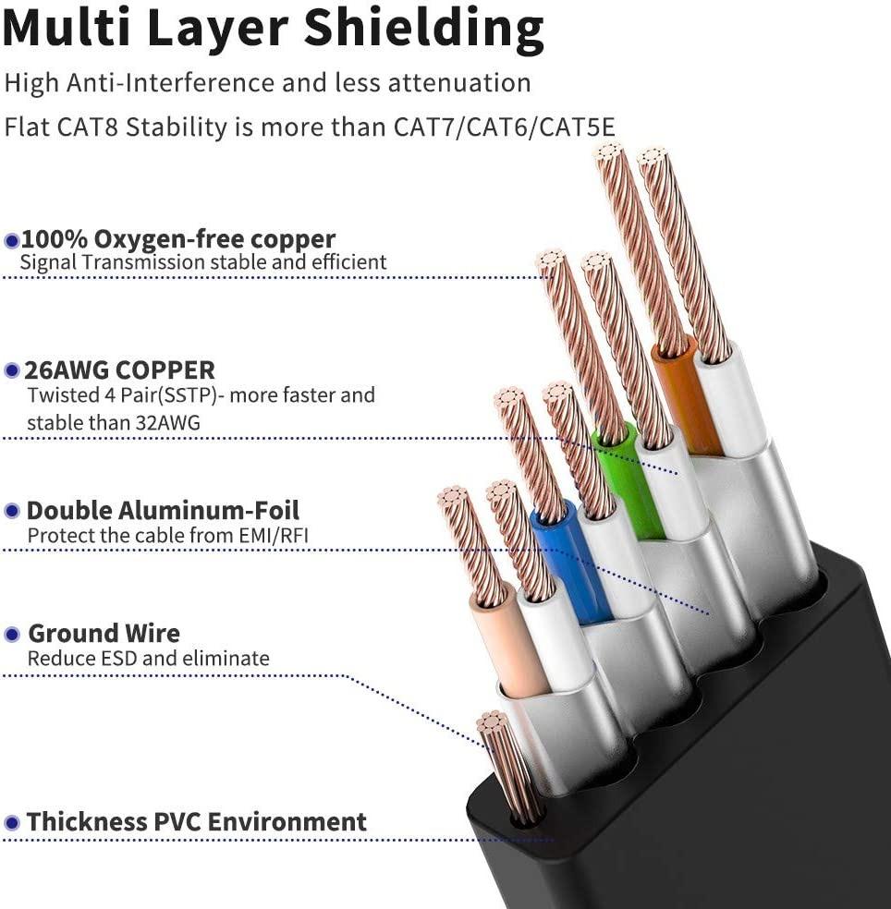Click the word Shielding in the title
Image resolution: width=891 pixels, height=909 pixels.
424,30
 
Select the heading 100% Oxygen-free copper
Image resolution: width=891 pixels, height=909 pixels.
178,239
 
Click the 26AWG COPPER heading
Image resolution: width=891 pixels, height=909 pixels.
120,370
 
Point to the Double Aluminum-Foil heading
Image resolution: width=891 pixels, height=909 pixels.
163,510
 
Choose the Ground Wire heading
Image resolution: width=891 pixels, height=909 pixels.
104,634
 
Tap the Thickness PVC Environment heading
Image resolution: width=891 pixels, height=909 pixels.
196,821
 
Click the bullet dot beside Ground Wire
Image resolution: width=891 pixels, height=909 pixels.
12,635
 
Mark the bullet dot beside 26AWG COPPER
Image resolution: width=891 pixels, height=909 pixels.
12,371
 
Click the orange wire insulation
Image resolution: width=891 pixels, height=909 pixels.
686,397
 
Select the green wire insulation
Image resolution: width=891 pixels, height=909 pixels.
629,480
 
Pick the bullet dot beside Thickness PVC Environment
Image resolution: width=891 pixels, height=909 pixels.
12,822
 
